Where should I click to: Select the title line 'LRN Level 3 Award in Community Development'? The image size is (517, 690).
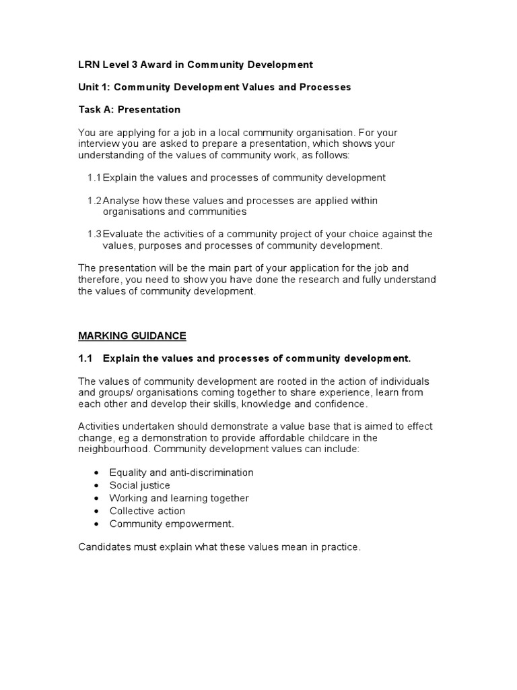pos(195,65)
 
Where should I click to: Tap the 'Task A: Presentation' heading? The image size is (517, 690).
pos(129,109)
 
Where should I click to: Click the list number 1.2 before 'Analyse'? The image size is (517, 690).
pos(94,201)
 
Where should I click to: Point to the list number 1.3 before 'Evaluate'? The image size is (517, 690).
pos(94,234)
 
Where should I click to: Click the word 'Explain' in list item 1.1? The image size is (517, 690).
pos(120,178)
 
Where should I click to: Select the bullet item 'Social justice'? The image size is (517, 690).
pos(139,485)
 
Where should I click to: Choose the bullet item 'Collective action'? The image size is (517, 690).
pos(147,511)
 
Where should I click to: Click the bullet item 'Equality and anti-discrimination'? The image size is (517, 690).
pos(181,472)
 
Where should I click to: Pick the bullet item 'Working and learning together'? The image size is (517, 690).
pos(178,498)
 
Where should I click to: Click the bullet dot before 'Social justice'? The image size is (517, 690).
pos(98,486)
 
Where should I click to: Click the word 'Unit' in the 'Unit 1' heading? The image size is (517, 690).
pos(89,87)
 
